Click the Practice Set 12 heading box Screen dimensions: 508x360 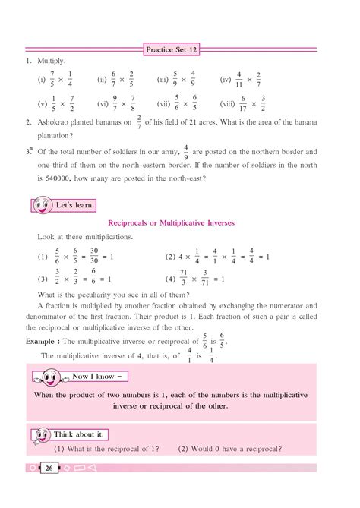click(180, 51)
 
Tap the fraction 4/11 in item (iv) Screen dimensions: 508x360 click(238, 79)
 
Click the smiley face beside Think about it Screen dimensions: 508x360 click(42, 434)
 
